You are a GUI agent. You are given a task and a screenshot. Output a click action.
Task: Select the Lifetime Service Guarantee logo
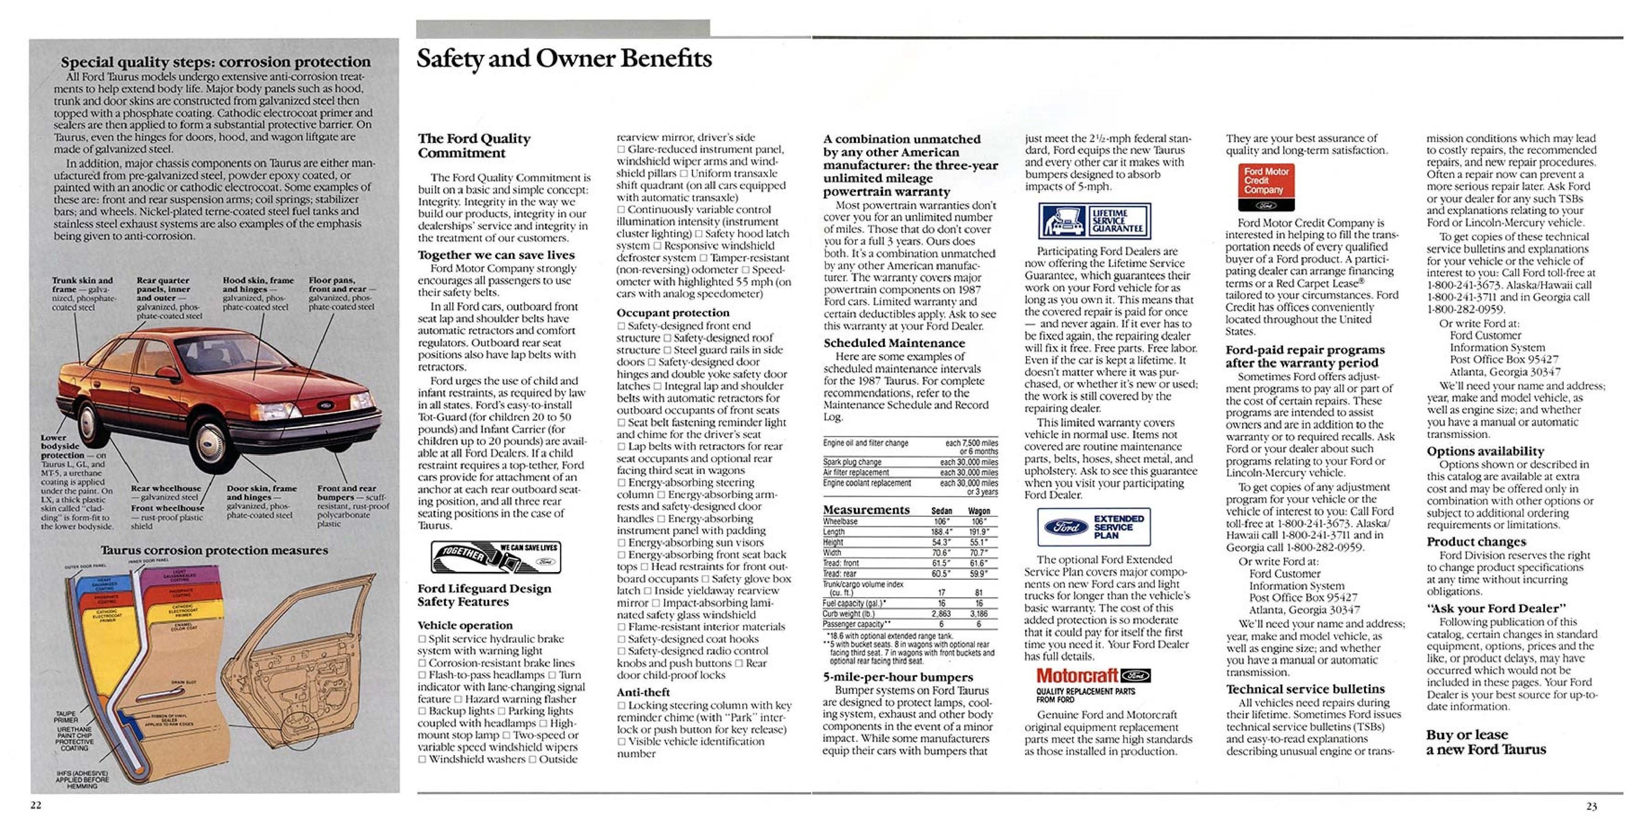[x=1094, y=221]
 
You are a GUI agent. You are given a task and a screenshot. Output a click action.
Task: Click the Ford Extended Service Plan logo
[x=1093, y=527]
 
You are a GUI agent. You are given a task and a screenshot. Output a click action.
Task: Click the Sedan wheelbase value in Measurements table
[x=941, y=521]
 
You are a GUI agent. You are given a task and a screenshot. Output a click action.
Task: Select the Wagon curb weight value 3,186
[x=978, y=614]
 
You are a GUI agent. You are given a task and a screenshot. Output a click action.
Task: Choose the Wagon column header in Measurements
[x=979, y=510]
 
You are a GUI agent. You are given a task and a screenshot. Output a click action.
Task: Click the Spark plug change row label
[x=852, y=462]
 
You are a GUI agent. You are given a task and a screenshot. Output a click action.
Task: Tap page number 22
[x=36, y=804]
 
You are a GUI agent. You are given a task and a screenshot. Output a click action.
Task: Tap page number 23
[x=1591, y=806]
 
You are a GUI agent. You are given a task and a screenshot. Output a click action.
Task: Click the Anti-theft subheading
[x=643, y=692]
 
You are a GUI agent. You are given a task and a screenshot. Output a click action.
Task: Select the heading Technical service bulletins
[x=1305, y=689]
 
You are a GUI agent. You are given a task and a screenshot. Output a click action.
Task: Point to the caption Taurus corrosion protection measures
[x=214, y=551]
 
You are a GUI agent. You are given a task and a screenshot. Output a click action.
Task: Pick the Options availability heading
[x=1485, y=451]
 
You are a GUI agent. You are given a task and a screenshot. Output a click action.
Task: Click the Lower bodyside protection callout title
[x=62, y=446]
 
